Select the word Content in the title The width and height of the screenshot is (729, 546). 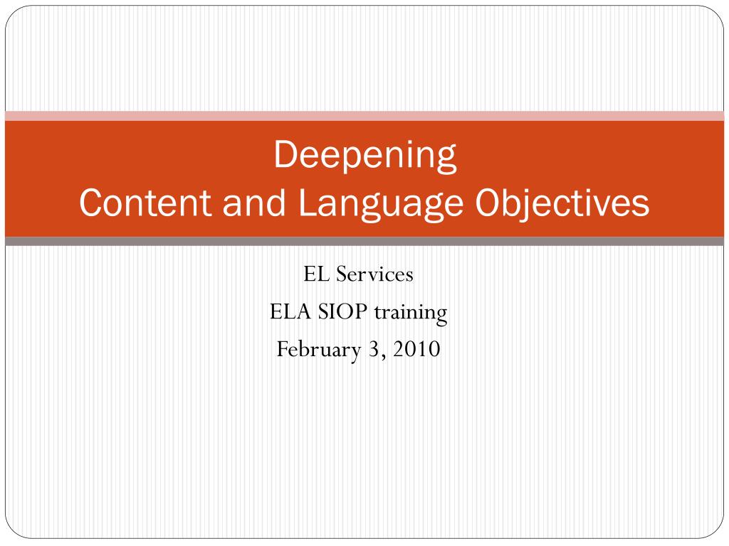pyautogui.click(x=145, y=203)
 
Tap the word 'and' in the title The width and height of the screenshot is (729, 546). pyautogui.click(x=254, y=203)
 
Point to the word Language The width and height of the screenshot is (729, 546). pyautogui.click(x=381, y=205)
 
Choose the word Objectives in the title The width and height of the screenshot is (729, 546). pyautogui.click(x=562, y=205)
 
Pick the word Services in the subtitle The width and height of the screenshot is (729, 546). pyautogui.click(x=374, y=274)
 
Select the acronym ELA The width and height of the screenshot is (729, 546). pyautogui.click(x=290, y=311)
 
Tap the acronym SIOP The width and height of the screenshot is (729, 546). pyautogui.click(x=342, y=311)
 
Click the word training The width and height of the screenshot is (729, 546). pyautogui.click(x=411, y=313)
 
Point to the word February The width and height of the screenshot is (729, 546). pyautogui.click(x=319, y=350)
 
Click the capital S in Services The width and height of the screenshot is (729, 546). pyautogui.click(x=342, y=274)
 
